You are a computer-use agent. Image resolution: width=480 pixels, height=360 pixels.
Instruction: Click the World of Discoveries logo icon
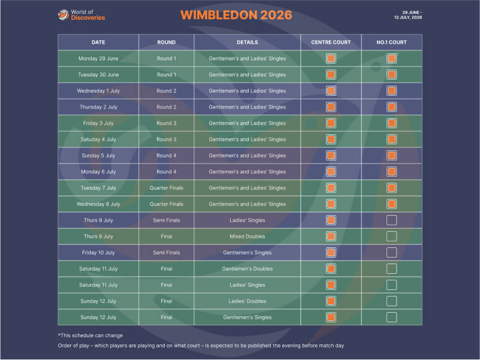click(62, 14)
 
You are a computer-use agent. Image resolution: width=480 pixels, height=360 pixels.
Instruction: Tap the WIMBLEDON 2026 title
click(236, 15)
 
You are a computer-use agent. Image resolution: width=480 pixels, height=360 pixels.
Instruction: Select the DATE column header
click(98, 43)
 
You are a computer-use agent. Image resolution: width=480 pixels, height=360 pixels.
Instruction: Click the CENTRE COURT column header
click(331, 43)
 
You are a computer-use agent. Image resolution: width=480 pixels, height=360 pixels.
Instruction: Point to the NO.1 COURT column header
click(391, 43)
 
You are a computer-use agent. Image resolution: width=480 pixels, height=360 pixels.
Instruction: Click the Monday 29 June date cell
click(98, 59)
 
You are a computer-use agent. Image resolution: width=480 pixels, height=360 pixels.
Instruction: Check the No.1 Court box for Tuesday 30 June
click(391, 75)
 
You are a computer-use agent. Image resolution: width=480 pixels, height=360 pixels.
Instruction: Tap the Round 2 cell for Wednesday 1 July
click(166, 91)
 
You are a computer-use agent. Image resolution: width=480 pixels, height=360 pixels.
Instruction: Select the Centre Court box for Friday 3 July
click(331, 123)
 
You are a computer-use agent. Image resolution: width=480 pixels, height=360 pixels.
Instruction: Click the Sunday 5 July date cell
click(98, 156)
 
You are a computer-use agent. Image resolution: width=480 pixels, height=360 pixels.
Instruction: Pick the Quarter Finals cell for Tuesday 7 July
click(166, 188)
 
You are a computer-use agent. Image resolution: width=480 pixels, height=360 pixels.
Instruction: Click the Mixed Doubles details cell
click(247, 237)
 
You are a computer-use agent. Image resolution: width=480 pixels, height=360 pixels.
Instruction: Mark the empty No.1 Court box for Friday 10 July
click(391, 253)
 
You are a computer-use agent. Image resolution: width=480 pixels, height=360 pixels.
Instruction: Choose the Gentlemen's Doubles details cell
click(247, 269)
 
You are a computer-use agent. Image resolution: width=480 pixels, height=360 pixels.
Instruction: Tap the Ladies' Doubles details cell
click(247, 301)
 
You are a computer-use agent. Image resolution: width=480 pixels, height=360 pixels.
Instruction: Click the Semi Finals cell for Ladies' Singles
click(166, 220)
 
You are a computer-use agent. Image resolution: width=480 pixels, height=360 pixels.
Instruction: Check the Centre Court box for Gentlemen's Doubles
click(331, 269)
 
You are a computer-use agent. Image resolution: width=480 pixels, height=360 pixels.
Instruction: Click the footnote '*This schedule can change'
click(90, 335)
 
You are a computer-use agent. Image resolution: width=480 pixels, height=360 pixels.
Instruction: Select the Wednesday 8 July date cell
click(98, 204)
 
